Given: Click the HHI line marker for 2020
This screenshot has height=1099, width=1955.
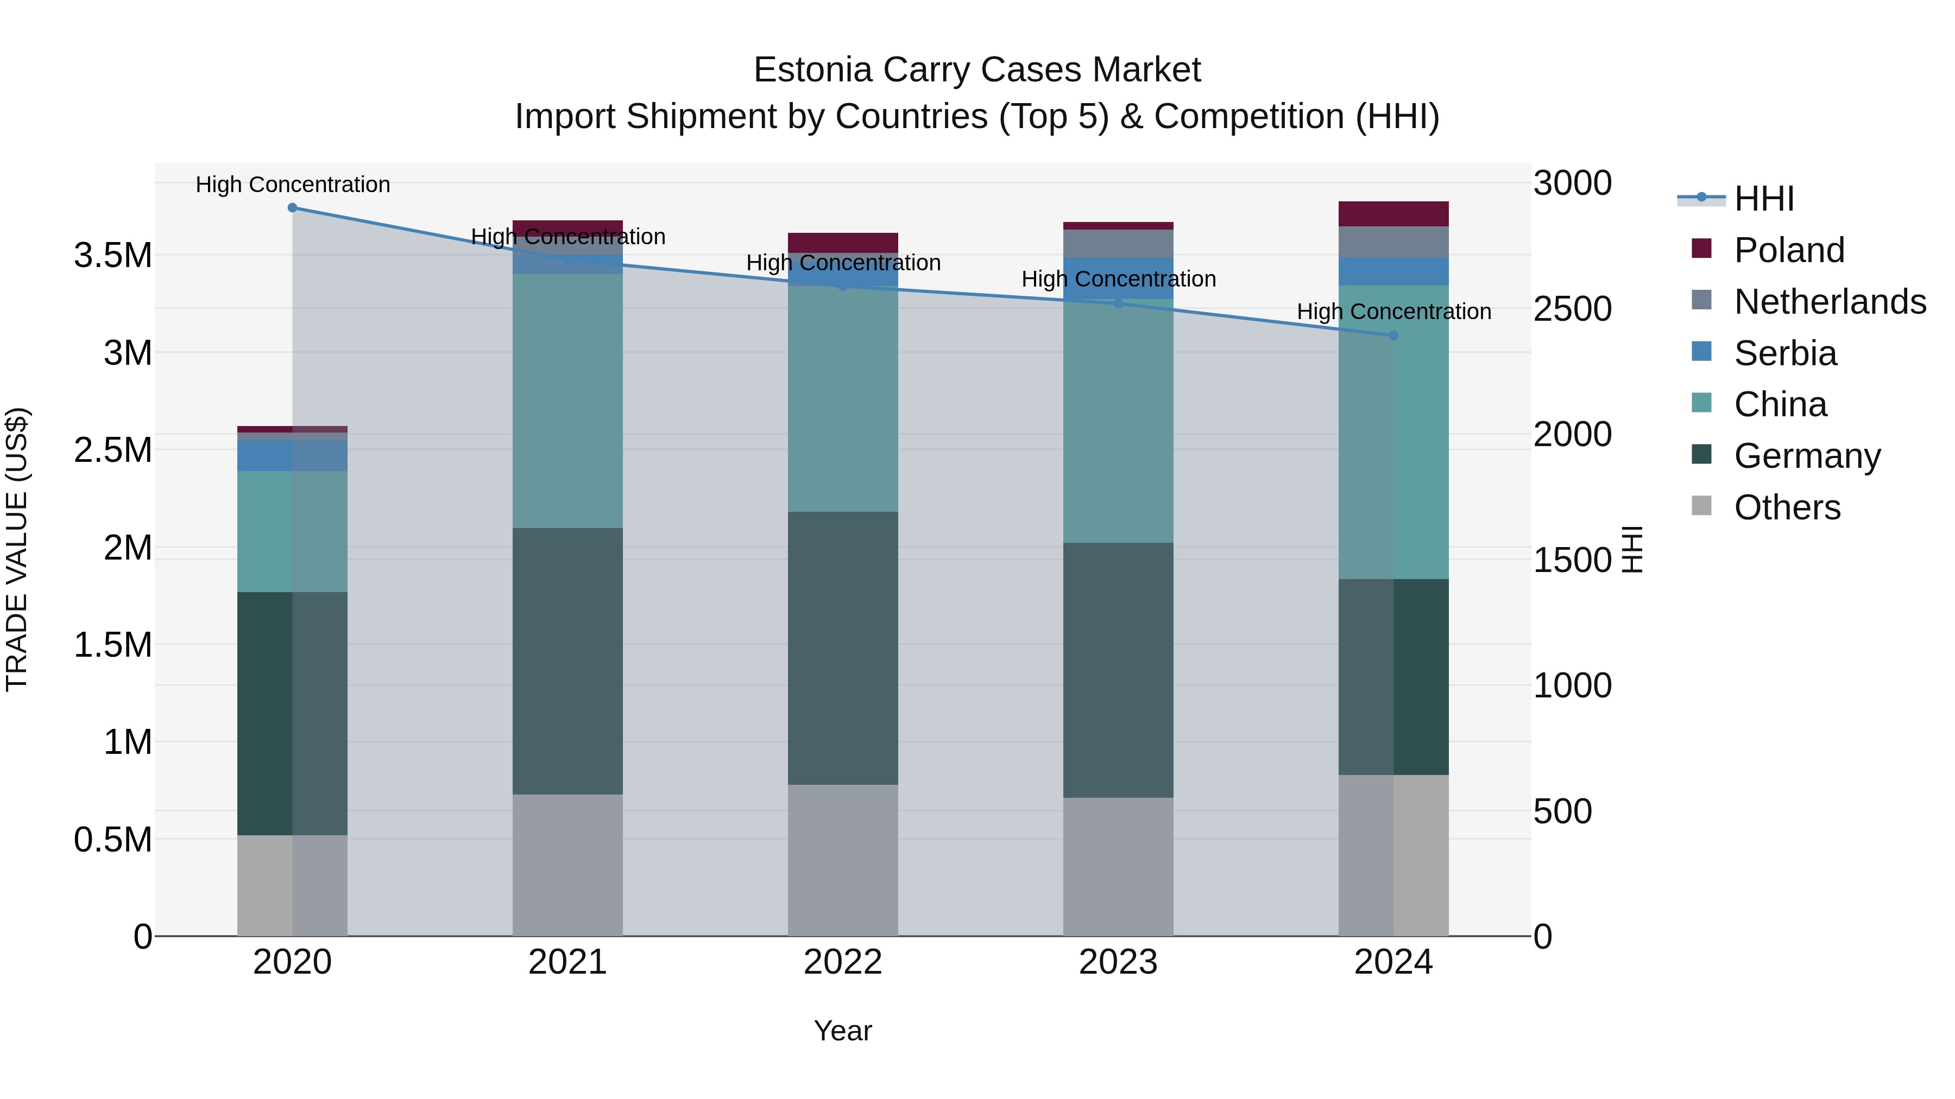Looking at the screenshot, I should [292, 207].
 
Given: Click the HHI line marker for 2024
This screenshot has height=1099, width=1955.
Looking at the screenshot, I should [1393, 335].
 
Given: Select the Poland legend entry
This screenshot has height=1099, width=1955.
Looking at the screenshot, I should [1788, 250].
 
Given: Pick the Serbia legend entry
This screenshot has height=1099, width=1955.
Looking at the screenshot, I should [1784, 353].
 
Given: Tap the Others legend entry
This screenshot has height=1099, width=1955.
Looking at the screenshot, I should [1787, 507].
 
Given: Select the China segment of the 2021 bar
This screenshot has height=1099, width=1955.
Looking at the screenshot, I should [567, 401].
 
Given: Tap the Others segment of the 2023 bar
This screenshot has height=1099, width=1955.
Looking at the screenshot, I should [1118, 866].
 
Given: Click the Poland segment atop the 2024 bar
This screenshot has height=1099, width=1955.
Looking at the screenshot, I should [1393, 214].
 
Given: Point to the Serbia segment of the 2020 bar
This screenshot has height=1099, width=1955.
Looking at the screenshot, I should [292, 455].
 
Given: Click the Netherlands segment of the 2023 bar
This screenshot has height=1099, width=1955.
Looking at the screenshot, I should [1118, 244].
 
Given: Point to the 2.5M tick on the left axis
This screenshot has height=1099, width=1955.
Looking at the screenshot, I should [113, 450].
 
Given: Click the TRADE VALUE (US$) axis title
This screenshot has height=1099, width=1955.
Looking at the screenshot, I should [17, 549].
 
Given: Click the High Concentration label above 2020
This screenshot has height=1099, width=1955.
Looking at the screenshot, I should [292, 185].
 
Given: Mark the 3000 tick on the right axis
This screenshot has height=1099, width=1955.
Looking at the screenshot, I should [1572, 183].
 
